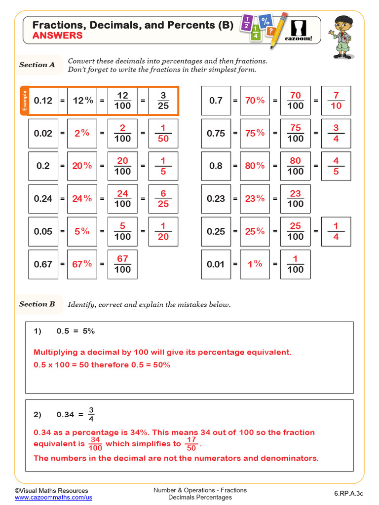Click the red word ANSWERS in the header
pos(57,36)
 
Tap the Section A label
pos(37,65)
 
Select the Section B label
pos(37,304)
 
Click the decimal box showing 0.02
pos(43,133)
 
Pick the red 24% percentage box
pos(82,199)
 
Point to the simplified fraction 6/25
pos(163,199)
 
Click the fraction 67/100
pos(122,264)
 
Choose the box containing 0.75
pos(216,133)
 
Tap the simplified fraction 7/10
pos(336,101)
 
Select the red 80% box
pos(255,166)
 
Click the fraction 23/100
pos(295,199)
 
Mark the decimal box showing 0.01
pos(216,264)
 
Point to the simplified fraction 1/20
pos(163,231)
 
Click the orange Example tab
pos(24,101)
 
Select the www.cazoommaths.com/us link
pos(53,498)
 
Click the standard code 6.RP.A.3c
pos(348,494)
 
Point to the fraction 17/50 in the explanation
pos(192,444)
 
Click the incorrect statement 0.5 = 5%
pos(76,331)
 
